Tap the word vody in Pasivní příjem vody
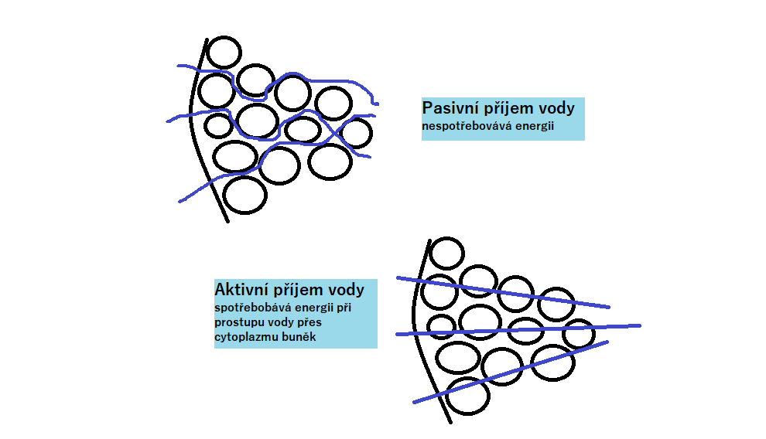pos(556,107)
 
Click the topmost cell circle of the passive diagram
pos(224,52)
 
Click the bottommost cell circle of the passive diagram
pos(245,195)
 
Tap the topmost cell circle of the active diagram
pos(446,253)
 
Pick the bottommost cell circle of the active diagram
pos(467,396)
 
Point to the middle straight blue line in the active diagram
pos(526,330)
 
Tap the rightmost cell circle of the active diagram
pos(579,333)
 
